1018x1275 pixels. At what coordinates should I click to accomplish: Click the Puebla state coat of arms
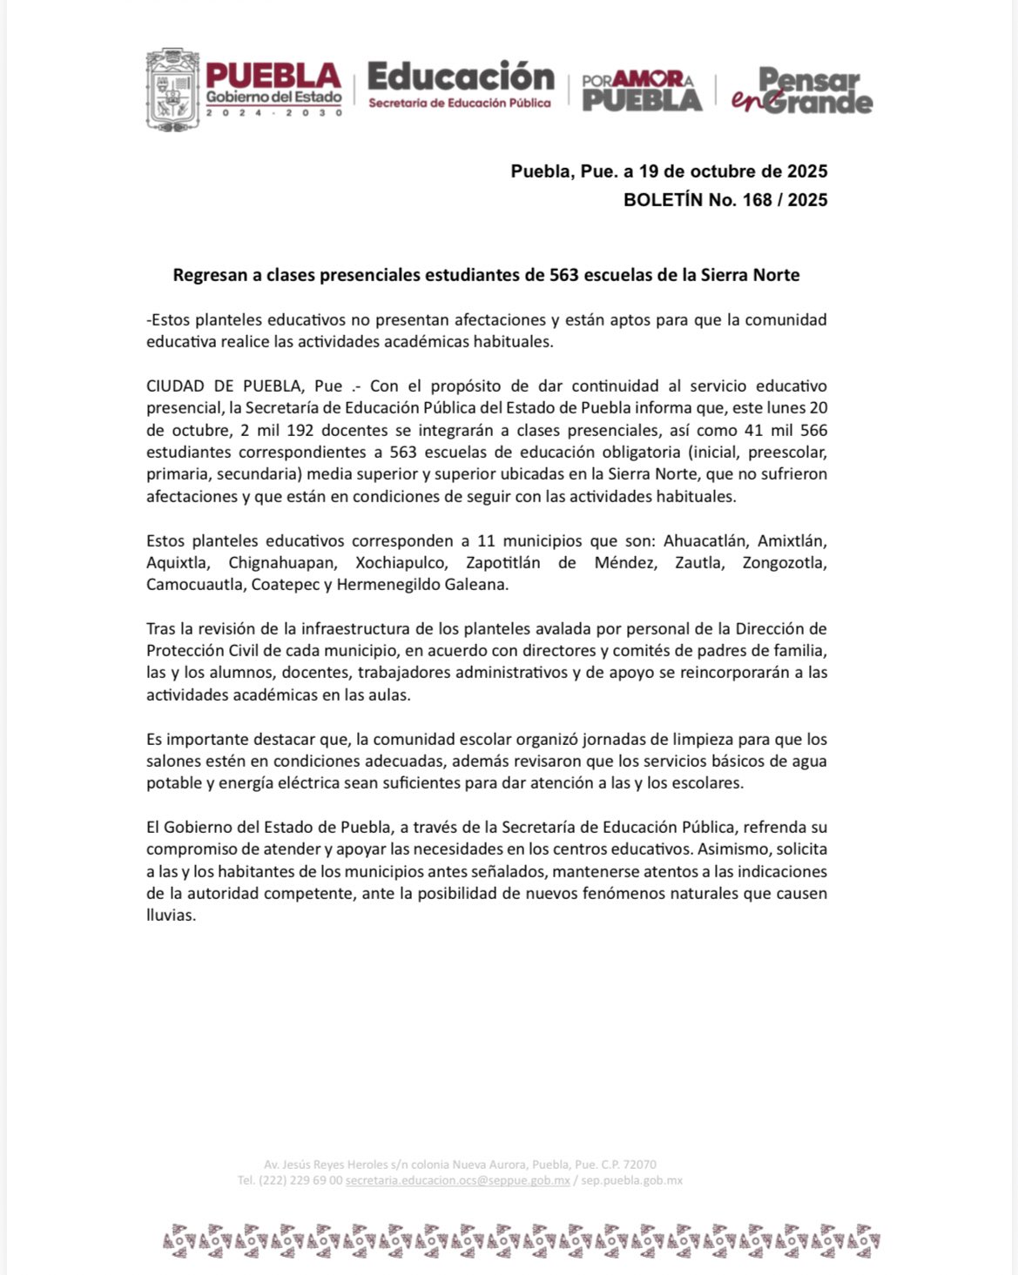172,89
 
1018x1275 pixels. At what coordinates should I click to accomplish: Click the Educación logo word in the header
461,77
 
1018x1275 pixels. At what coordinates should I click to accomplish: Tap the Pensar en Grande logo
802,91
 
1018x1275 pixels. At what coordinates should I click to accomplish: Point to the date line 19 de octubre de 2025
726,171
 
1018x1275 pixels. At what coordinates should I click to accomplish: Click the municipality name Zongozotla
784,563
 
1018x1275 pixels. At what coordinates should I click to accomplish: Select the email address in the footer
457,1181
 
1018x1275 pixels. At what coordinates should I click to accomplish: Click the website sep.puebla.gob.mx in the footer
631,1181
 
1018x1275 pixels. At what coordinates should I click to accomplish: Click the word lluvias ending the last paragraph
171,916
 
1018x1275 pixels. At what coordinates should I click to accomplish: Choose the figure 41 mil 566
779,431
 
